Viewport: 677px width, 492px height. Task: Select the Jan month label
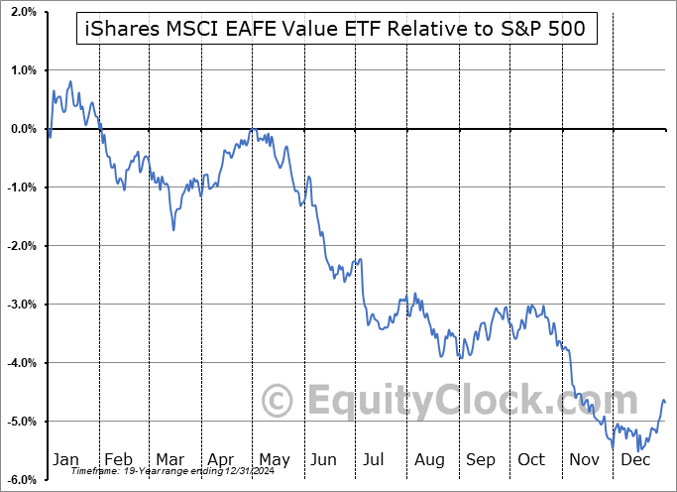tap(65, 460)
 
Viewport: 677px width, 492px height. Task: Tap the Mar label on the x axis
tap(169, 460)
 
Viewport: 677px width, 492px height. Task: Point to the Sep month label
tap(480, 460)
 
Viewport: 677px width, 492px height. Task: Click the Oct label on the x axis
tap(531, 460)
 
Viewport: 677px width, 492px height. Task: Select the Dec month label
tap(635, 460)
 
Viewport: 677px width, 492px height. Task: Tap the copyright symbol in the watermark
tap(279, 400)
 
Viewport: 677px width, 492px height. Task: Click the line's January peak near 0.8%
tap(70, 81)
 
